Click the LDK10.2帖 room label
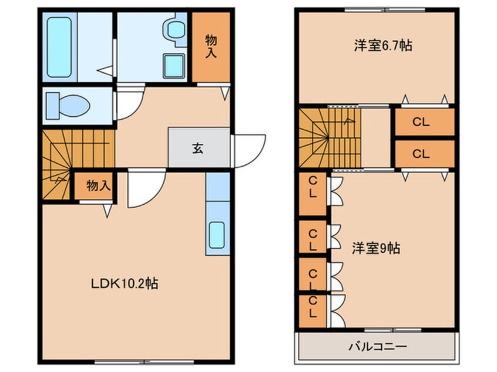[x=125, y=283]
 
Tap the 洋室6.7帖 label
[x=383, y=46]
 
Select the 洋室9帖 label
[x=376, y=248]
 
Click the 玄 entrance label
[x=198, y=148]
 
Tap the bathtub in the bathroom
[x=59, y=48]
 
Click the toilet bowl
[x=68, y=106]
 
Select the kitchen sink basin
[x=217, y=235]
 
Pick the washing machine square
[x=174, y=66]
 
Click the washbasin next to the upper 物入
[x=174, y=31]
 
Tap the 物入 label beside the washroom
[x=211, y=46]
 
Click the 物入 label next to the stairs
[x=99, y=185]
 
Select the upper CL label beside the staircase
[x=421, y=122]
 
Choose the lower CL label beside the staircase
[x=421, y=154]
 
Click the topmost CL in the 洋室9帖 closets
[x=313, y=187]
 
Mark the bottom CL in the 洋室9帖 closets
[x=313, y=307]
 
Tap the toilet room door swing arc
[x=136, y=110]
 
